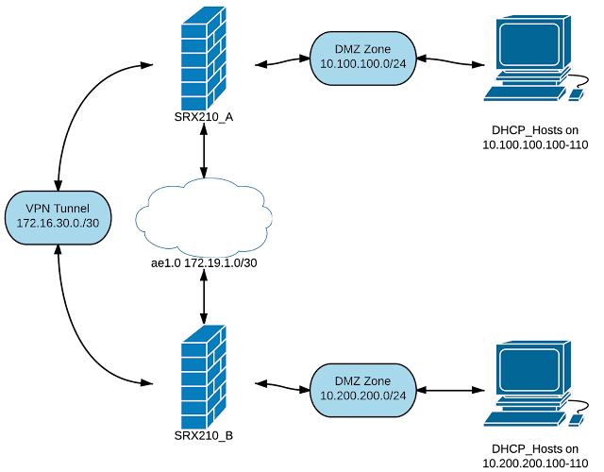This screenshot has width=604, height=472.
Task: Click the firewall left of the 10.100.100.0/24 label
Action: [203, 59]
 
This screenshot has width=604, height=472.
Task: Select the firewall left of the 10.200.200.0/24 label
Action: [203, 379]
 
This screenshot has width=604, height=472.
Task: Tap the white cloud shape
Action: [204, 218]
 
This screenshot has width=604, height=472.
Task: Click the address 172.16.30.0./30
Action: [59, 225]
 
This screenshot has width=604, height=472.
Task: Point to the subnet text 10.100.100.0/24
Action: [363, 65]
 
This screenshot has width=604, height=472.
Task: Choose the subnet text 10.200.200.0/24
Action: [363, 396]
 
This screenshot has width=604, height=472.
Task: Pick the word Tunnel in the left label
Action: [71, 209]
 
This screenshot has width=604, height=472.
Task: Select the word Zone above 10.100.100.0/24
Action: [377, 49]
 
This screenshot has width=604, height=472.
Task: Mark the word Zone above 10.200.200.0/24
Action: [377, 379]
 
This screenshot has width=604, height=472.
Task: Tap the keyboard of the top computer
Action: [520, 93]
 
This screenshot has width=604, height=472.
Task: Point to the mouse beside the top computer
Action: [574, 94]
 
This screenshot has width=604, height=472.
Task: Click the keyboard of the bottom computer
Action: [520, 419]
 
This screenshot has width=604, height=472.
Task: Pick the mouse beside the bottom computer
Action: [574, 420]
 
